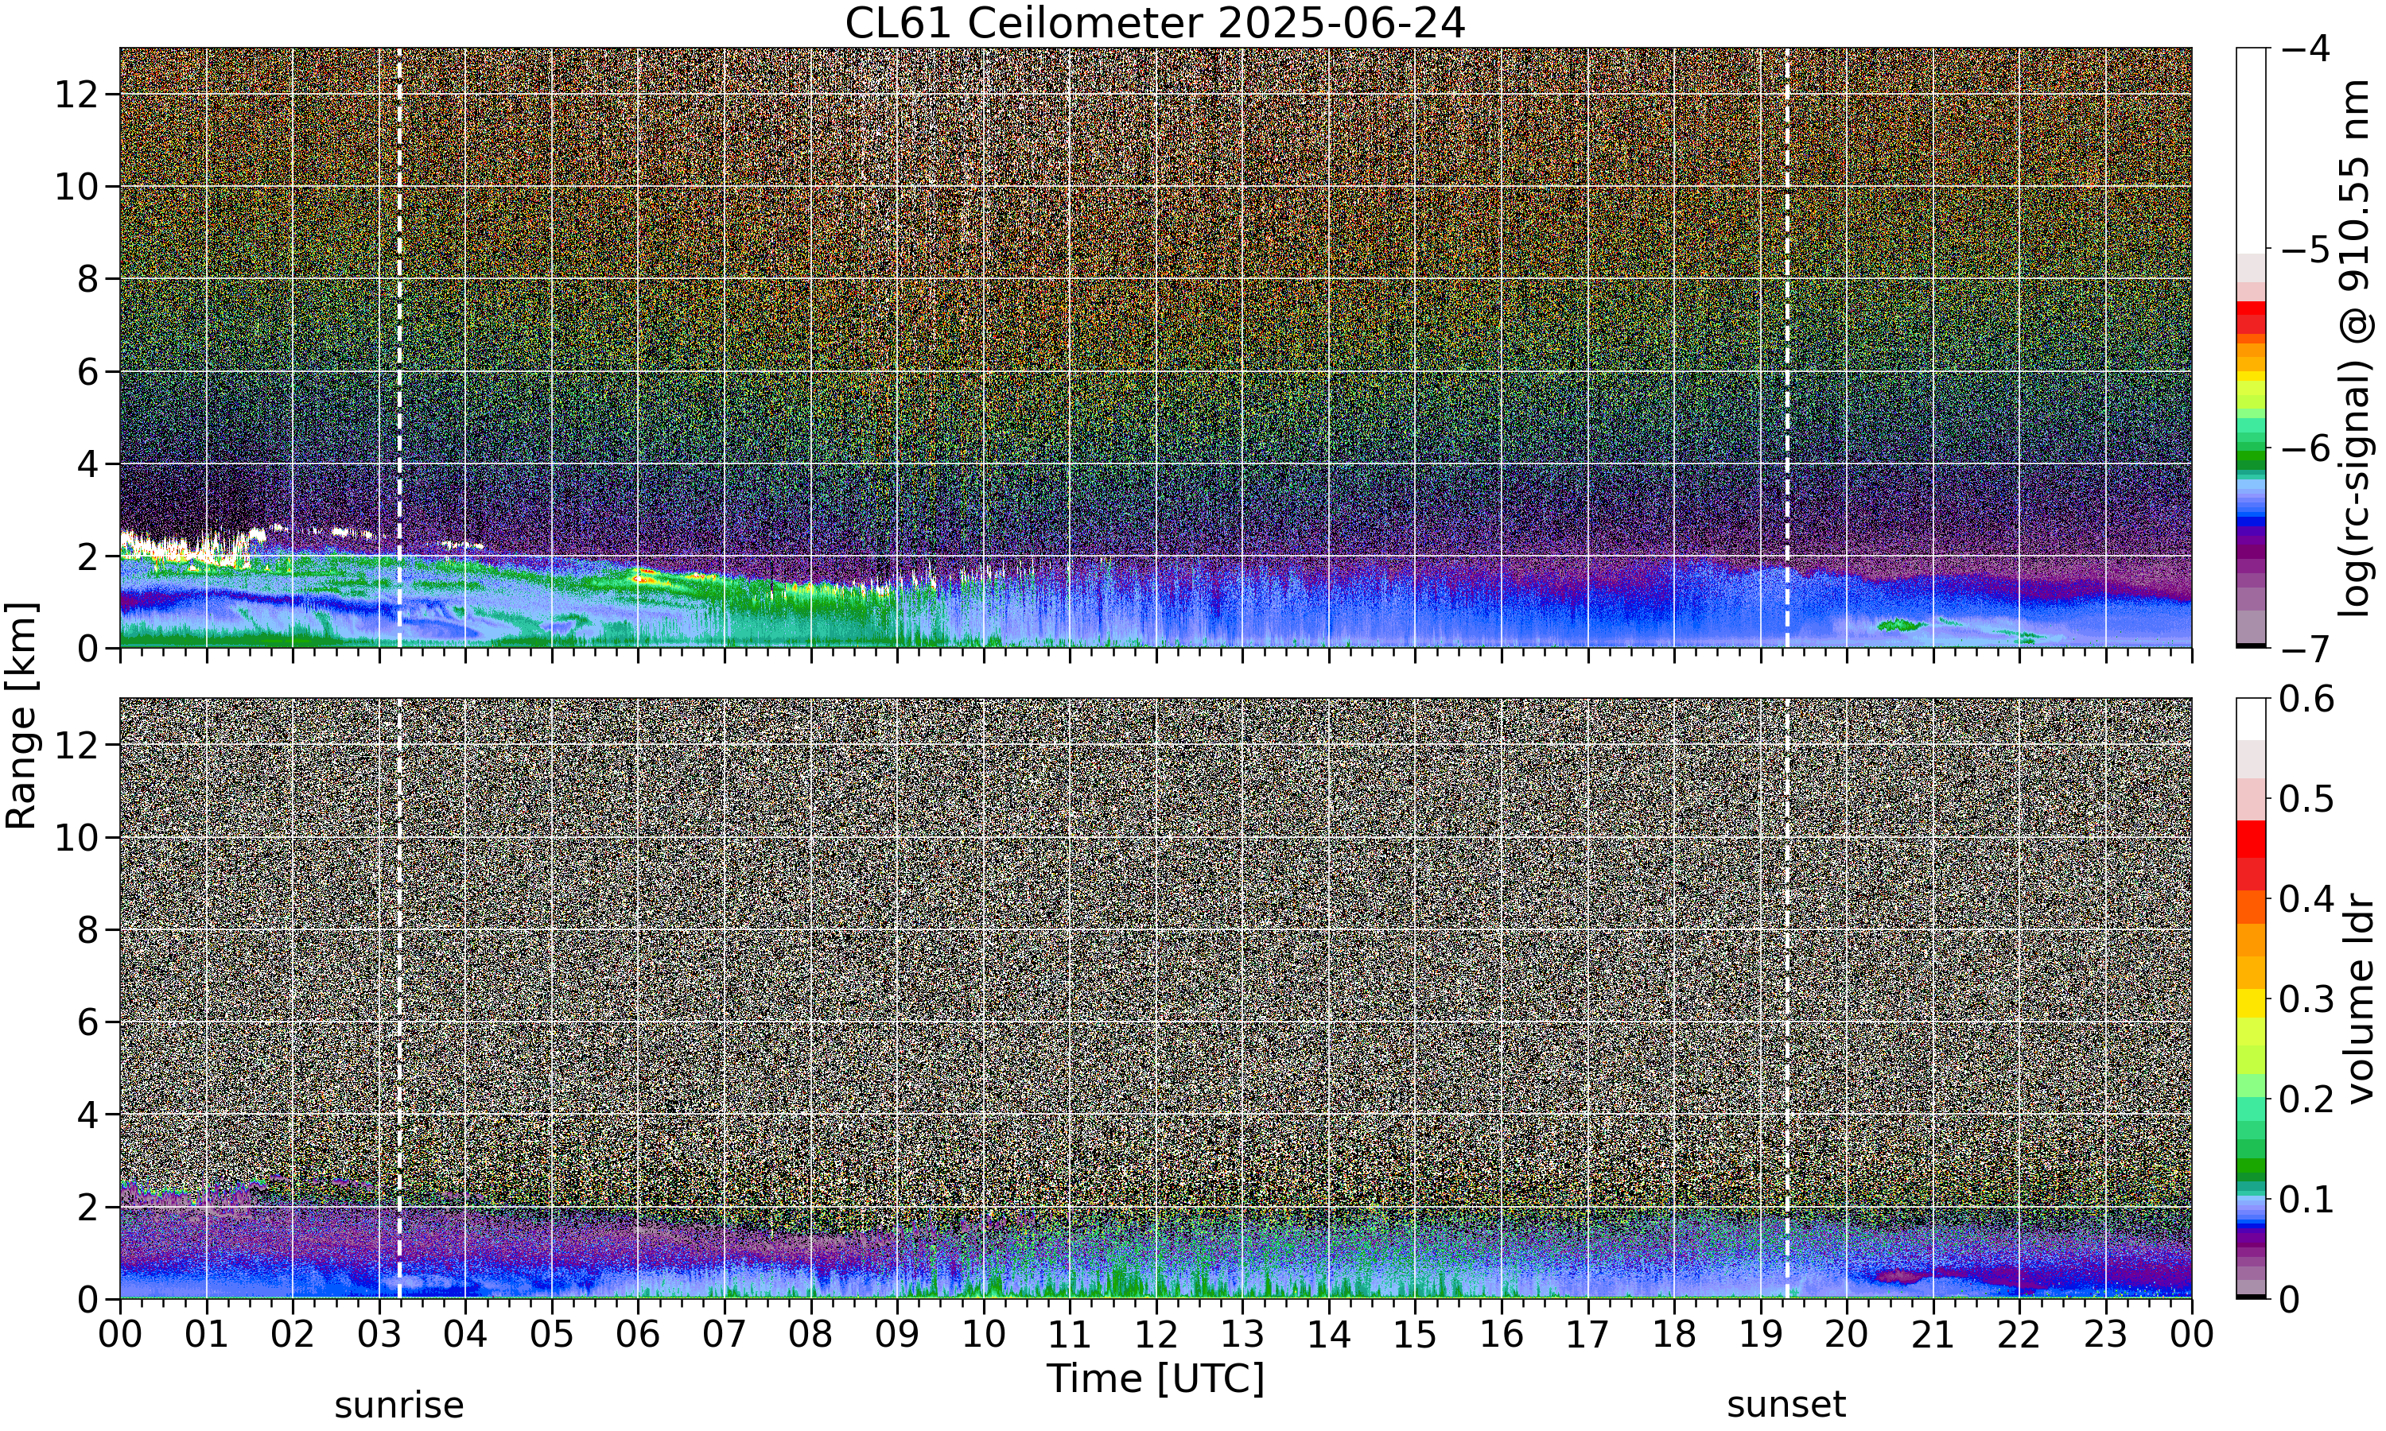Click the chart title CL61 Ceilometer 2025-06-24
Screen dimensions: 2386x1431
(x=1154, y=23)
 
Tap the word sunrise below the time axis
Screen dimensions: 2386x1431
(x=398, y=1405)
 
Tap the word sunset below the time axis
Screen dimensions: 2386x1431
(x=1786, y=1405)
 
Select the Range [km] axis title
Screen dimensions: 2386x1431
(x=21, y=715)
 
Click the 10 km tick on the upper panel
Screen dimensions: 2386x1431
(x=77, y=187)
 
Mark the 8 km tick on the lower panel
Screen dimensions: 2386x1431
(x=89, y=929)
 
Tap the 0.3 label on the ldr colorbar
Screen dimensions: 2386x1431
(x=2306, y=999)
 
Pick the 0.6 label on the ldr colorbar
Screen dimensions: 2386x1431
(x=2306, y=699)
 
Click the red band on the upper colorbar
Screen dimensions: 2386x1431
(x=2250, y=316)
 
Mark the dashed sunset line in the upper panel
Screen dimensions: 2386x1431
(x=1787, y=347)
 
